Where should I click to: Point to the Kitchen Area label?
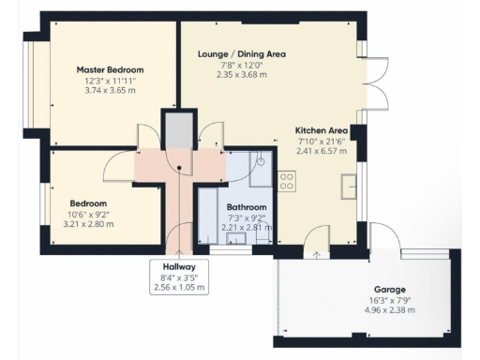pyautogui.click(x=322, y=130)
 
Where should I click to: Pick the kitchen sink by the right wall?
pyautogui.click(x=352, y=183)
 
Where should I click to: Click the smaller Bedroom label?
pyautogui.click(x=88, y=203)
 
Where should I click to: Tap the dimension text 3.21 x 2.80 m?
pyautogui.click(x=88, y=224)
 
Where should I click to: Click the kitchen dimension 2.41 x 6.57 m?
pyautogui.click(x=322, y=151)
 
